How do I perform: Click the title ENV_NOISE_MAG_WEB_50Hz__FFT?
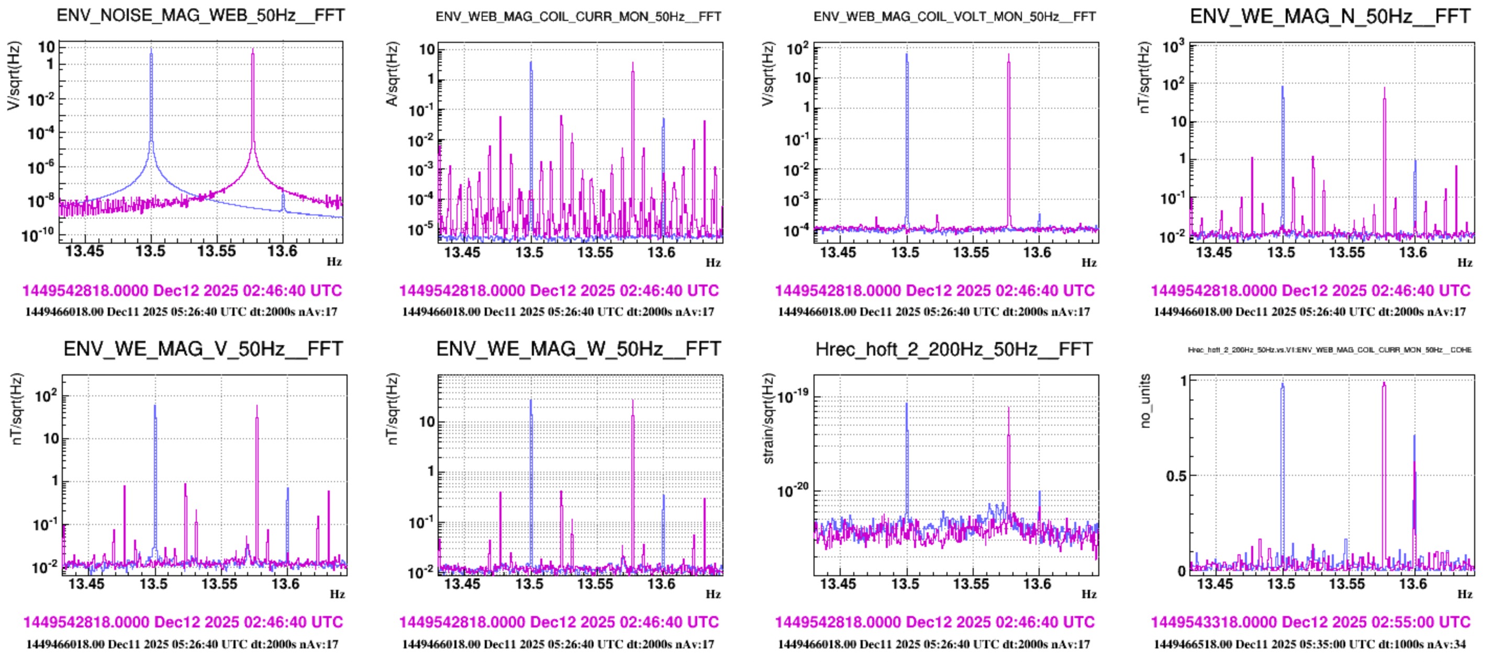[x=200, y=15]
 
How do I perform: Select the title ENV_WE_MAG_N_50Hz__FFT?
[x=1330, y=16]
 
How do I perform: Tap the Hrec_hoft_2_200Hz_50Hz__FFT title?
[x=954, y=349]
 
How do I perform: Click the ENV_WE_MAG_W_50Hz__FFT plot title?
[x=578, y=349]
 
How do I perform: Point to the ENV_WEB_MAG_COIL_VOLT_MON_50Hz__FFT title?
[x=954, y=17]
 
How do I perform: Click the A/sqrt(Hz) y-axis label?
[x=393, y=74]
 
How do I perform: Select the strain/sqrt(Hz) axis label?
[x=768, y=419]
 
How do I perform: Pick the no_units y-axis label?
[x=1144, y=401]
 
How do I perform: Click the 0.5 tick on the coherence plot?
[x=1175, y=476]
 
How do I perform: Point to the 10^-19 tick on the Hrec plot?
[x=793, y=397]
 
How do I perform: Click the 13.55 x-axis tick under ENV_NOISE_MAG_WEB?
[x=216, y=252]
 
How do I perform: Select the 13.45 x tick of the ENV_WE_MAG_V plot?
[x=86, y=583]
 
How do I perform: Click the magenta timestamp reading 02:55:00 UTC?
[x=1310, y=622]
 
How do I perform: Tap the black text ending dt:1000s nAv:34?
[x=1309, y=644]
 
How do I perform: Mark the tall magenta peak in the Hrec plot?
[x=1008, y=409]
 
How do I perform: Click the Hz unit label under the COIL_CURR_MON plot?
[x=713, y=262]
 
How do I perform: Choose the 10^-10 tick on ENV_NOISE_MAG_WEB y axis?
[x=38, y=235]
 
